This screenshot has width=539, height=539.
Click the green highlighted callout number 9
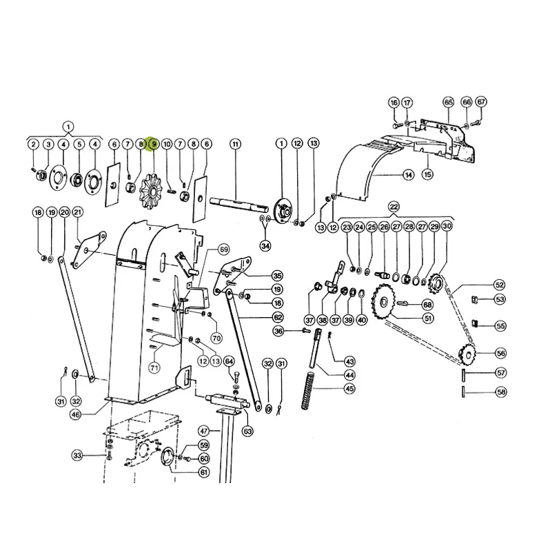pos(153,144)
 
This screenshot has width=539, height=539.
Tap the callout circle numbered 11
pos(235,144)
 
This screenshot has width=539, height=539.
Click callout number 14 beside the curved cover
pos(408,175)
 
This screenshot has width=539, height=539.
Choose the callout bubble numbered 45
pos(350,389)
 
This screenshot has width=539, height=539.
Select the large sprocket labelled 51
pos(384,302)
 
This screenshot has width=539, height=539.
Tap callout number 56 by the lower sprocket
pos(500,353)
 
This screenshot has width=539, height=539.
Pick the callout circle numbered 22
pos(394,207)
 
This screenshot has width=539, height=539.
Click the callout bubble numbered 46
pos(75,415)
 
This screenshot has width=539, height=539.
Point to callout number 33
pos(77,455)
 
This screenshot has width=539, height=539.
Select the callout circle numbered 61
pos(204,472)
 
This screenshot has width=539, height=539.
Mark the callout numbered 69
pos(224,249)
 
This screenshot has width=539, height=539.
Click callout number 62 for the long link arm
pos(278,317)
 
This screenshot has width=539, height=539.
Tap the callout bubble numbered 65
pos(448,102)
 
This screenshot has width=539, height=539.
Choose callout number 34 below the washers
pos(265,246)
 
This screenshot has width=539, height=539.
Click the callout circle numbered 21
pos(78,212)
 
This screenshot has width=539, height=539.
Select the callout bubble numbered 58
pos(501,392)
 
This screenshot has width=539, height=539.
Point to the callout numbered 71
pos(155,368)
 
